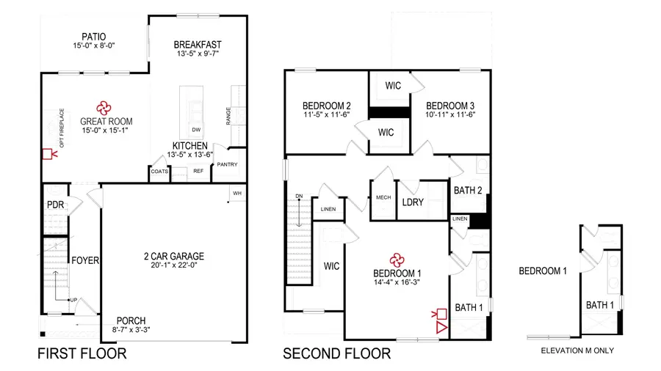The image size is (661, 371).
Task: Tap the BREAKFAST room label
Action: click(x=198, y=44)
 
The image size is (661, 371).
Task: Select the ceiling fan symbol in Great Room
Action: click(x=104, y=107)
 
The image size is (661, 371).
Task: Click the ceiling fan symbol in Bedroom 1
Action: click(x=397, y=259)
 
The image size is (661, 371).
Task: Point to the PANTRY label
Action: click(x=226, y=165)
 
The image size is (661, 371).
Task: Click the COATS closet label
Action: click(x=160, y=171)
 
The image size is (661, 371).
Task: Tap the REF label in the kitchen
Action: click(x=198, y=171)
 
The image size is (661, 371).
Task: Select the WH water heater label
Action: click(x=237, y=194)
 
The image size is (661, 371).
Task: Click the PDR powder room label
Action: click(x=56, y=206)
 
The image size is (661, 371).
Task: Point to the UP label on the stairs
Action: click(x=73, y=300)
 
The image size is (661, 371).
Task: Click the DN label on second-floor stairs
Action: click(x=299, y=196)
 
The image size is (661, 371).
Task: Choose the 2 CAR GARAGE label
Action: click(x=173, y=257)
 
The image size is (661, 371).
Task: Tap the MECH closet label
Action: click(x=383, y=197)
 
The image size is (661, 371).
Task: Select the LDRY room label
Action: click(x=413, y=202)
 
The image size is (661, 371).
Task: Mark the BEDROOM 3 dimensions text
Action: click(x=450, y=114)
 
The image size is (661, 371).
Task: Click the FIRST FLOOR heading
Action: click(x=82, y=354)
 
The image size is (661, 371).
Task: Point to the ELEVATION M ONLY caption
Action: click(x=577, y=350)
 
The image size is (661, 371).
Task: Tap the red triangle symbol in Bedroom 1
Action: click(x=441, y=327)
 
